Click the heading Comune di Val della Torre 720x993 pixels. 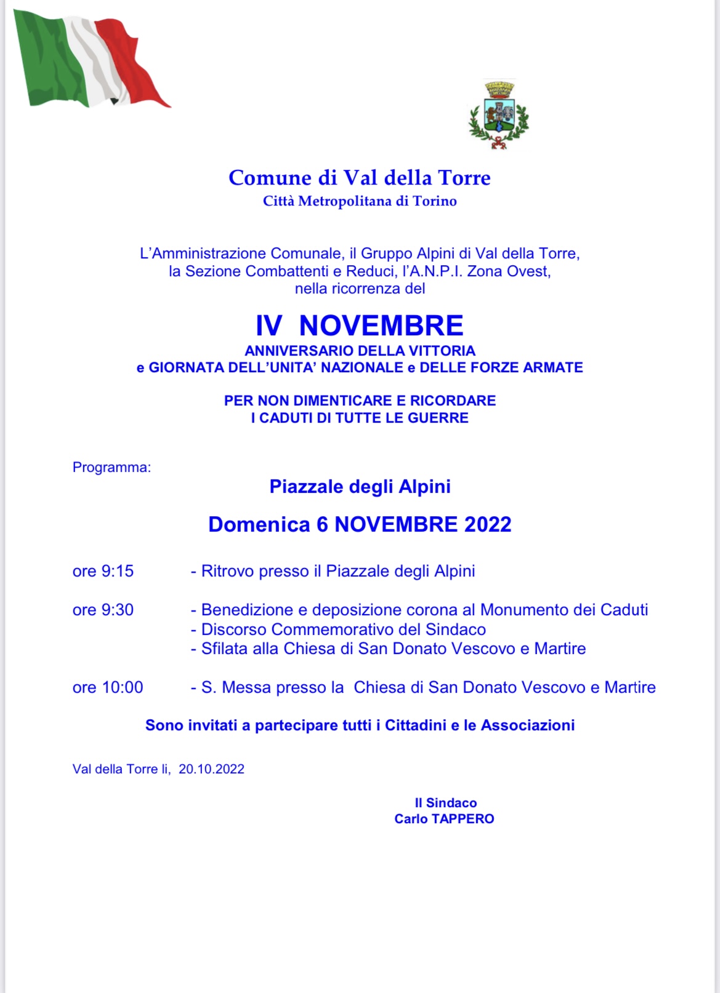(360, 178)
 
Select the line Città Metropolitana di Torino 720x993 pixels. (360, 201)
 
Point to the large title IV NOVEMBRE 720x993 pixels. (360, 325)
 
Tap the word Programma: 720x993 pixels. (111, 468)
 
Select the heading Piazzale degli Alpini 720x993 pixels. (360, 487)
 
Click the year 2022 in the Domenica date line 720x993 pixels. (488, 524)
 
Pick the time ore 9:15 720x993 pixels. (103, 572)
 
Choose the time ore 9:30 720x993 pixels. (103, 610)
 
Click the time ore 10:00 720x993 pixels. (108, 687)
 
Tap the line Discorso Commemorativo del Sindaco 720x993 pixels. (343, 629)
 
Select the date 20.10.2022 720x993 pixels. (211, 769)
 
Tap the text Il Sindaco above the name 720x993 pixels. (445, 803)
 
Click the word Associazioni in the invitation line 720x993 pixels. (527, 725)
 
